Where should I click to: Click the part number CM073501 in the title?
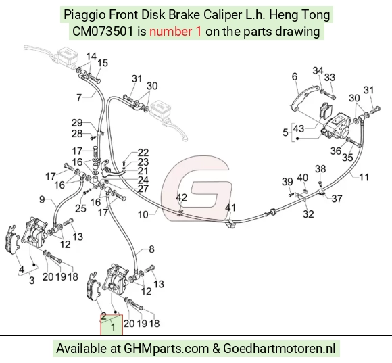point(103,32)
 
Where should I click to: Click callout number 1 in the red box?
point(113,327)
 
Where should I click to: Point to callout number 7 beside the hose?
point(79,97)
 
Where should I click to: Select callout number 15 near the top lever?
point(103,63)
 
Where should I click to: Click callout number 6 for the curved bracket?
point(295,76)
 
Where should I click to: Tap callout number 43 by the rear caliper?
point(299,129)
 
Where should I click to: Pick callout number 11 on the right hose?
point(364,177)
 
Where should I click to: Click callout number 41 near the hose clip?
point(230,208)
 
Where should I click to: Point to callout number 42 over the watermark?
point(182,197)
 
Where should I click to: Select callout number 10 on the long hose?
point(143,214)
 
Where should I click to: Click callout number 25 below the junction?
point(80,208)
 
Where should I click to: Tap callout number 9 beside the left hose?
point(42,199)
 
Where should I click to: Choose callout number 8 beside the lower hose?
point(152,249)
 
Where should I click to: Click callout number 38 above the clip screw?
point(320,169)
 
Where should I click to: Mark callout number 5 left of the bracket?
point(285,132)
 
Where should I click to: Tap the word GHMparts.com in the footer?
point(166,349)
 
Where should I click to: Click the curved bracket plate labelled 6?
point(304,97)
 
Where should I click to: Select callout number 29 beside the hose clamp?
point(77,123)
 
